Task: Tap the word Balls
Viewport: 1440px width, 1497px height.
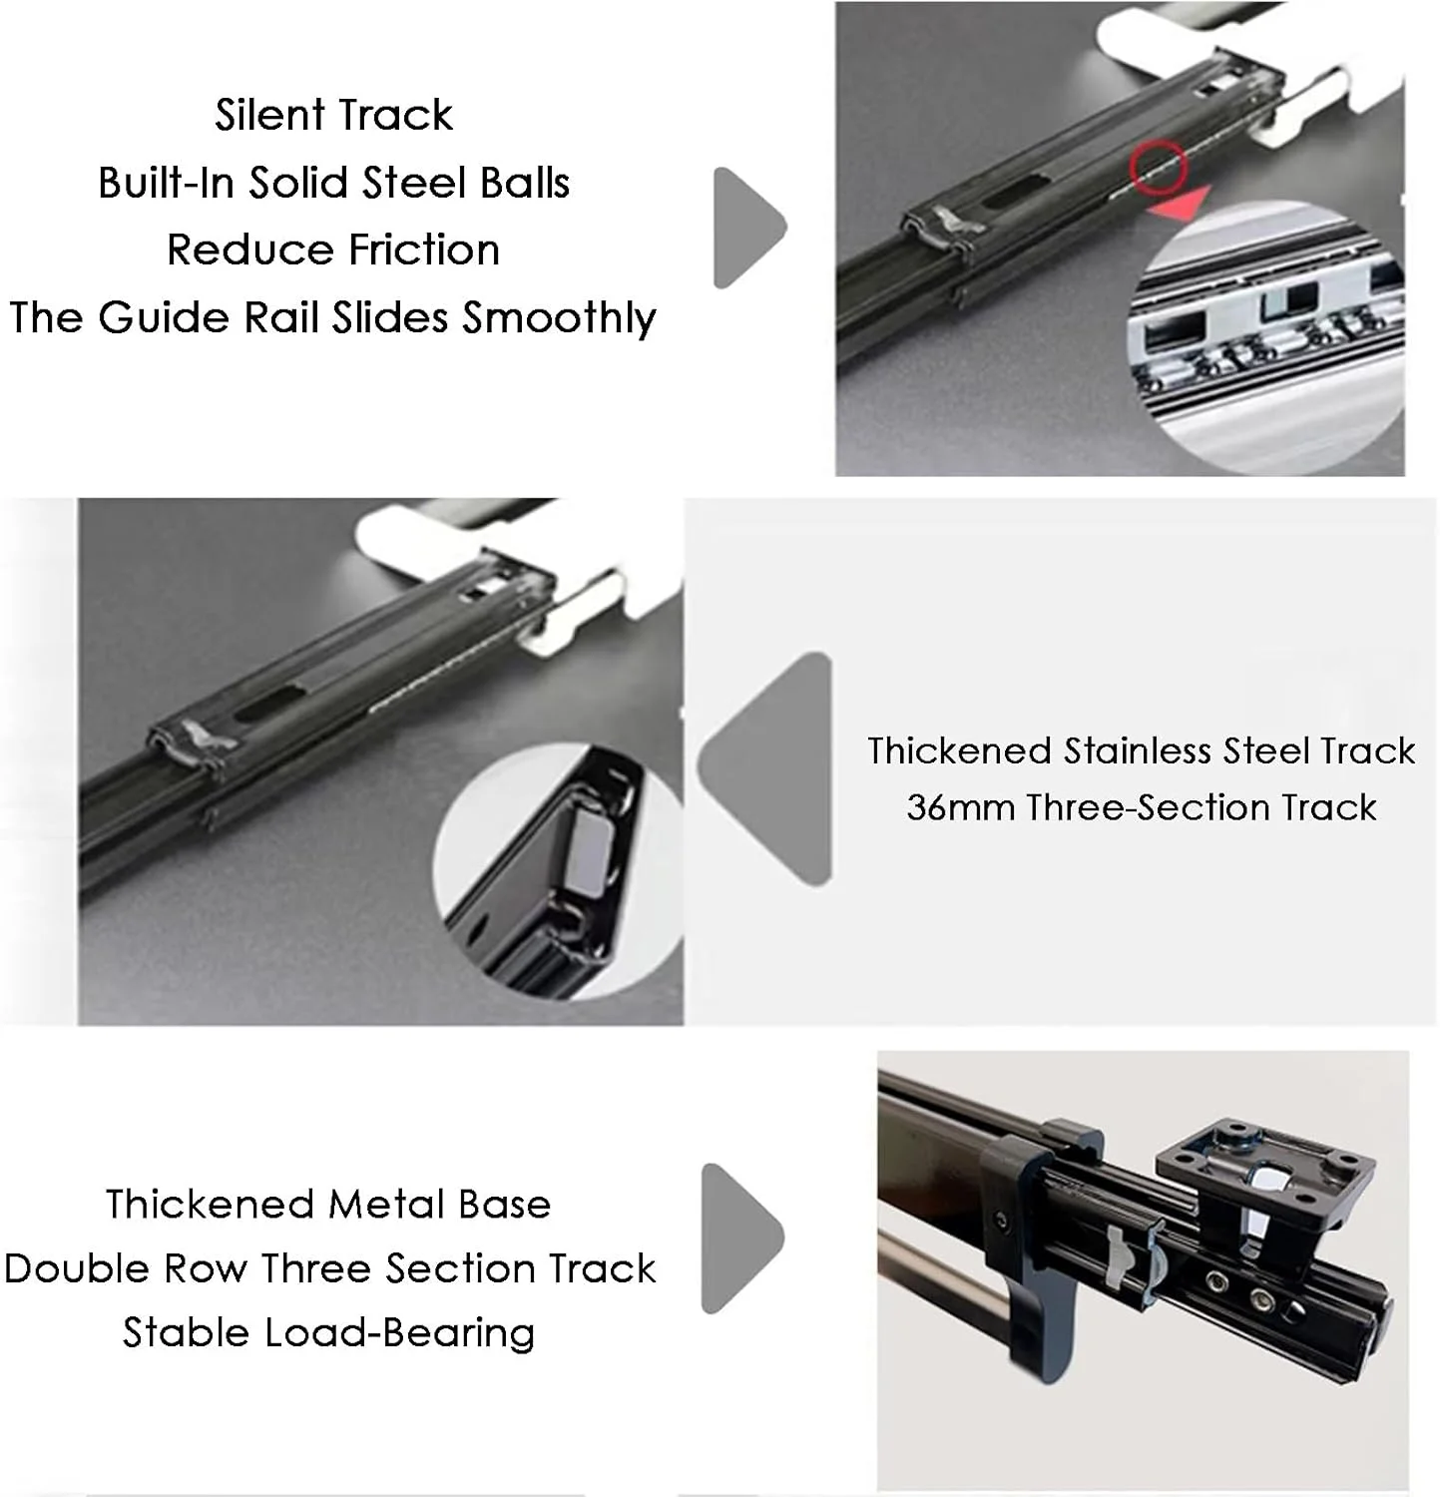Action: pyautogui.click(x=525, y=183)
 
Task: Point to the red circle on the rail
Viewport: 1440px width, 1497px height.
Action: pyautogui.click(x=1159, y=166)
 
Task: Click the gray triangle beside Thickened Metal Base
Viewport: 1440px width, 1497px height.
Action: pyautogui.click(x=741, y=1238)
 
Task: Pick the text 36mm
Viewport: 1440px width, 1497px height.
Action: pyautogui.click(x=960, y=807)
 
